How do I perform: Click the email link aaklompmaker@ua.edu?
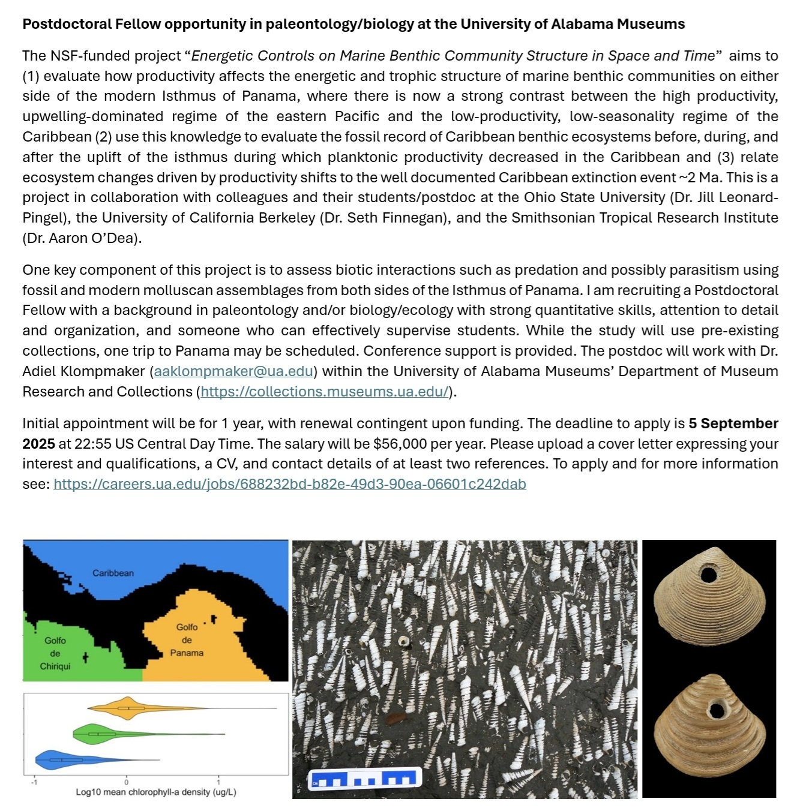[x=233, y=371]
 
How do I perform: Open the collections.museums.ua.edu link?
[x=325, y=392]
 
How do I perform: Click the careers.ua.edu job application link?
[x=289, y=484]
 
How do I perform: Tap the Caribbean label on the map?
[x=113, y=573]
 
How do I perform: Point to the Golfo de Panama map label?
[x=187, y=639]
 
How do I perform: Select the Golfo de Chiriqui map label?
[x=55, y=653]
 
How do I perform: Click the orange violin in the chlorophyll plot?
[x=128, y=708]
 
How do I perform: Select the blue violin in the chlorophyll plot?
[x=57, y=760]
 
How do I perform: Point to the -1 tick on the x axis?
[x=34, y=782]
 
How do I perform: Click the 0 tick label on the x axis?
[x=126, y=782]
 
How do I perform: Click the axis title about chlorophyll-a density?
[x=155, y=792]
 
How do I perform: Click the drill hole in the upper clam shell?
[x=708, y=575]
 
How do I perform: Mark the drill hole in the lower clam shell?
[x=716, y=711]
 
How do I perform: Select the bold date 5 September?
[x=733, y=423]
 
